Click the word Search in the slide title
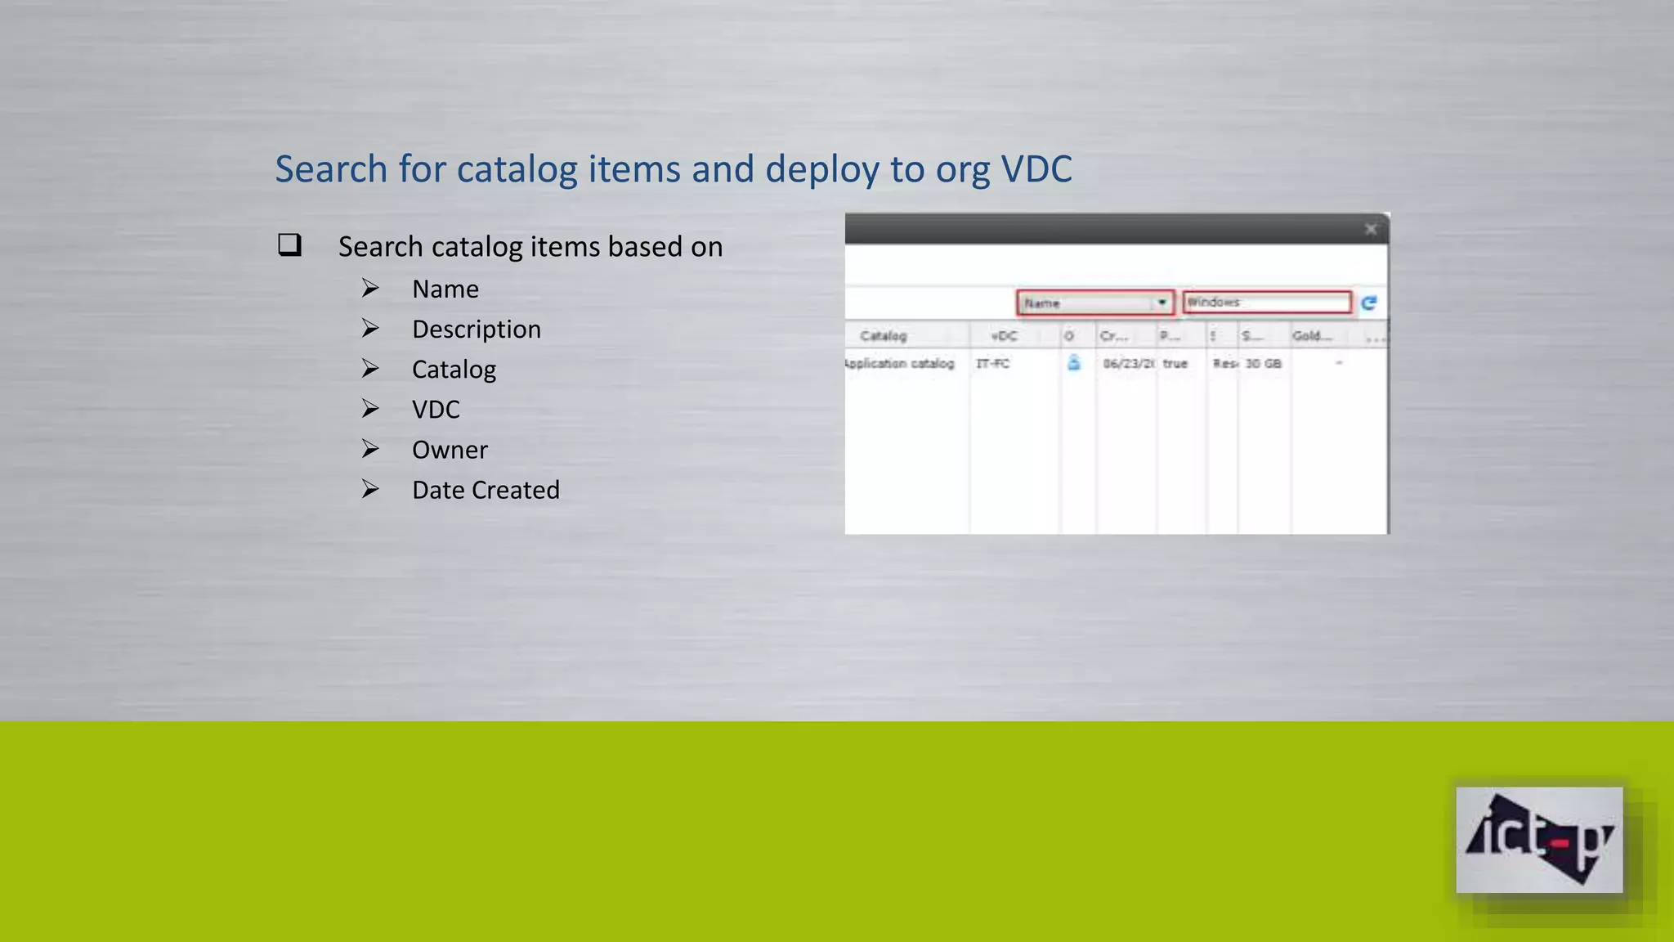pos(330,169)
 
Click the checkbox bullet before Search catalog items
pos(289,244)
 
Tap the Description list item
pos(476,329)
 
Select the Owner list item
pos(450,450)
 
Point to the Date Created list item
pos(486,490)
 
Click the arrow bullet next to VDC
pos(370,409)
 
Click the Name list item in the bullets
pos(445,289)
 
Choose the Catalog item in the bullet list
pos(454,370)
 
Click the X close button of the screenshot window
pos(1371,229)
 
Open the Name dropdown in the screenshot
pos(1161,303)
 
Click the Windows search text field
pos(1265,303)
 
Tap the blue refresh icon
pos(1369,303)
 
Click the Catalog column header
pos(883,336)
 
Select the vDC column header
pos(1004,336)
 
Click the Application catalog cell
pos(899,363)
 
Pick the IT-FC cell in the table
pos(992,363)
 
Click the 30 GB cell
pos(1263,363)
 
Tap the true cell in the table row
pos(1175,363)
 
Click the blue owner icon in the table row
pos(1073,363)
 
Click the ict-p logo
pos(1538,840)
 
